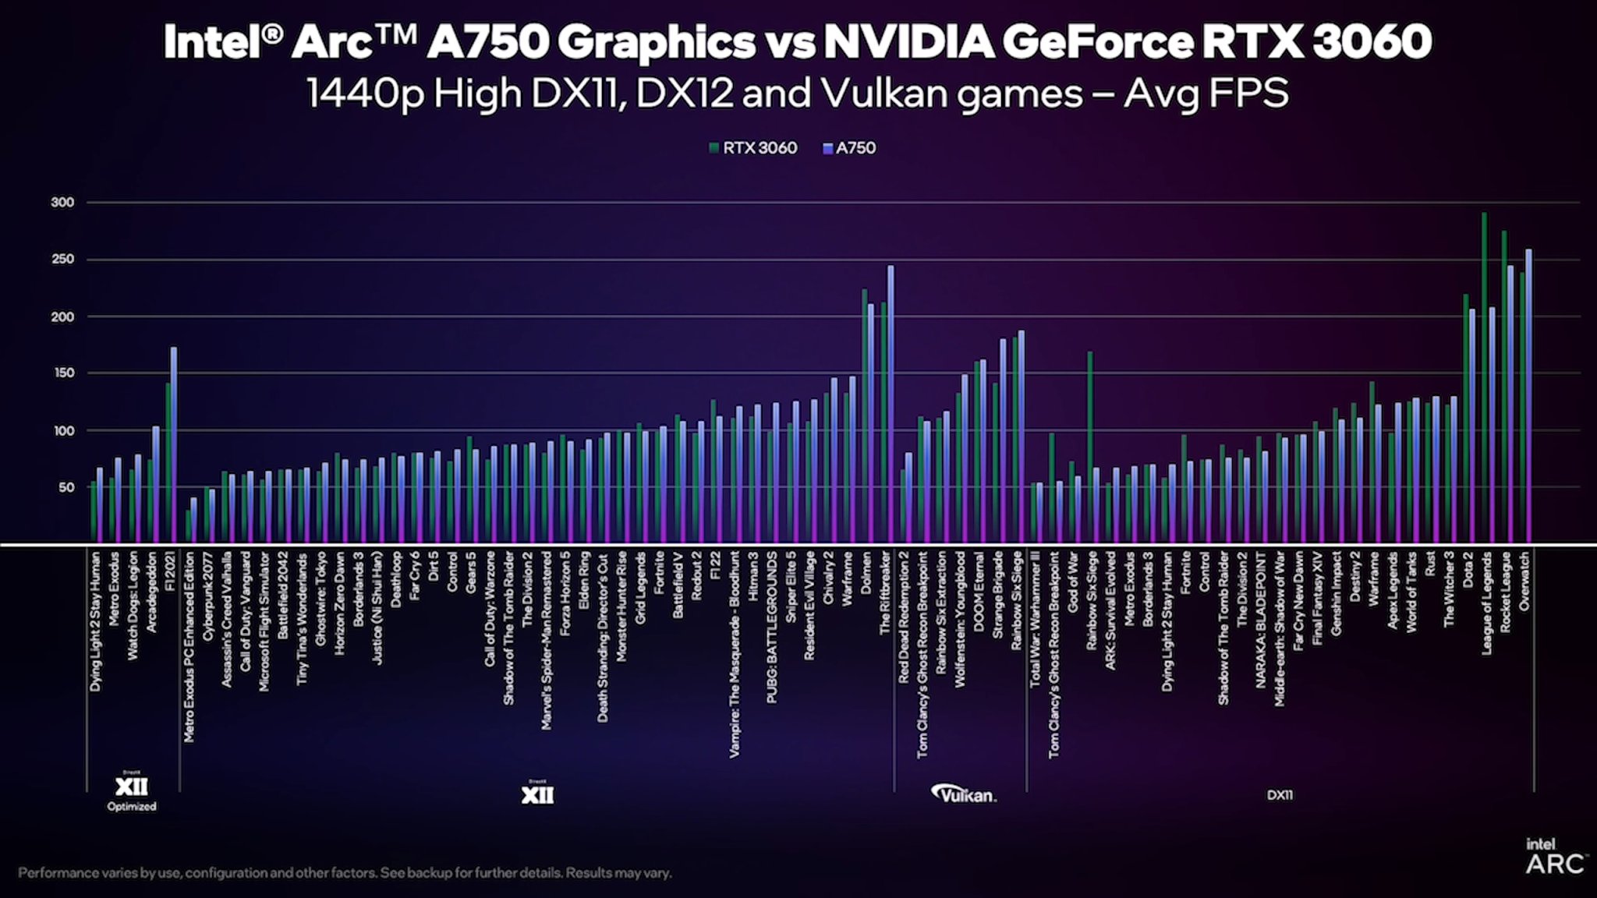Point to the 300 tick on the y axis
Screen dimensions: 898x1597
tap(62, 203)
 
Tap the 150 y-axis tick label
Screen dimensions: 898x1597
tap(62, 373)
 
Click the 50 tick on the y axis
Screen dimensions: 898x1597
tap(66, 488)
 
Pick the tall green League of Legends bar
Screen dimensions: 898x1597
tap(1484, 374)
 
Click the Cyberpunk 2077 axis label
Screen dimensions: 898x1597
tap(207, 596)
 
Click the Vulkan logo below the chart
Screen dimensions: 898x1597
tap(964, 794)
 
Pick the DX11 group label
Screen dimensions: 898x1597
tap(1280, 795)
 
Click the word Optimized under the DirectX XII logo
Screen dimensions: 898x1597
tap(132, 807)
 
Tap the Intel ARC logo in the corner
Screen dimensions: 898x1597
tap(1553, 856)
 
